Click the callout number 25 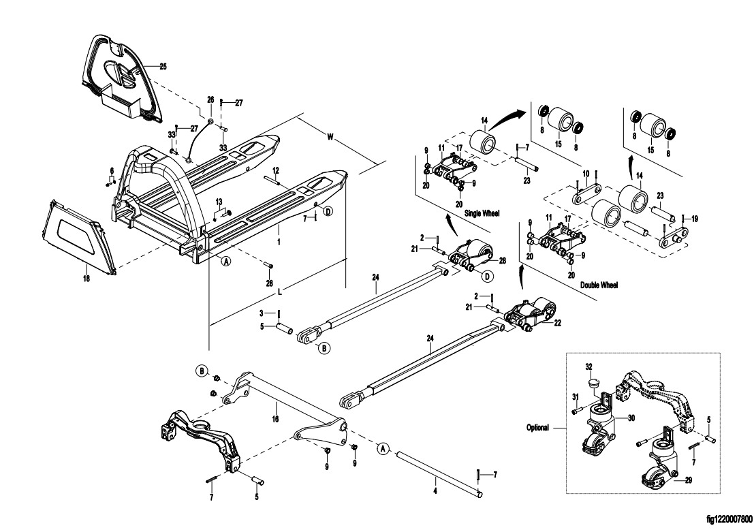pyautogui.click(x=163, y=66)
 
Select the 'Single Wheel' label pyautogui.click(x=482, y=213)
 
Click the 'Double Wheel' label pyautogui.click(x=599, y=285)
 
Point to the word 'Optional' pyautogui.click(x=538, y=428)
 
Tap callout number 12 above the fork pyautogui.click(x=276, y=170)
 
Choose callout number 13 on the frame pyautogui.click(x=219, y=202)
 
